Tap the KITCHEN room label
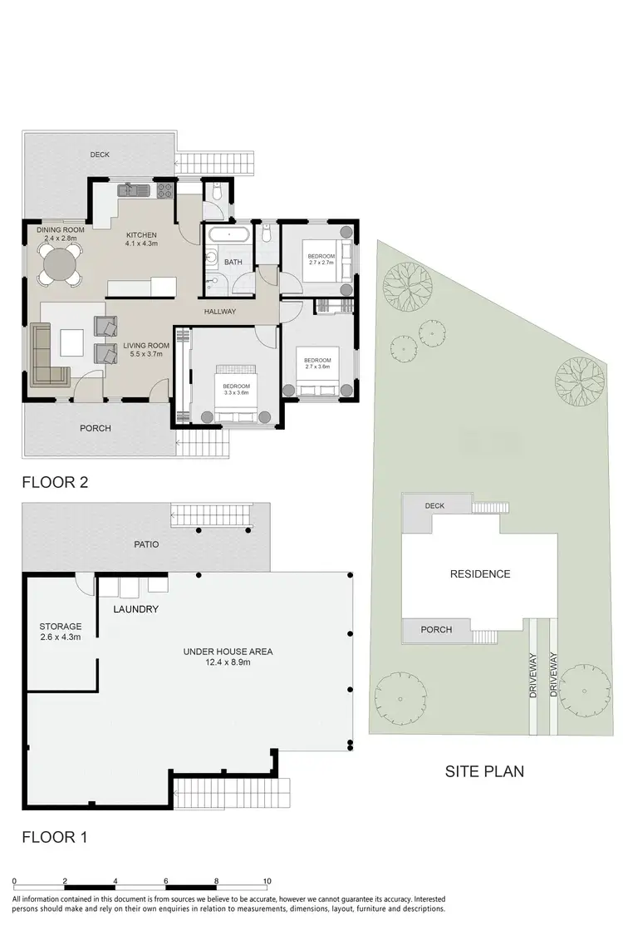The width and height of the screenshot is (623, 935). [140, 234]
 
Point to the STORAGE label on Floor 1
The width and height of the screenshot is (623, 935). [60, 627]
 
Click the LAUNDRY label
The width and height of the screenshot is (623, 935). [135, 609]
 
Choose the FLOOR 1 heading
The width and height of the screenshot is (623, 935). [55, 837]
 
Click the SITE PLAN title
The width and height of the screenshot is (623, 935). [484, 771]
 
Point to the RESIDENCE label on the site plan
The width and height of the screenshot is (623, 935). [479, 574]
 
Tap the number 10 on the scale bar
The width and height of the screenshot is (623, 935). [267, 881]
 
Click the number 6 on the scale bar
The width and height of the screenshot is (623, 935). [166, 881]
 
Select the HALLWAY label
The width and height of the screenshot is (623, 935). [221, 312]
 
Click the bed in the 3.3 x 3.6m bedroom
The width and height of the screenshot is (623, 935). [236, 394]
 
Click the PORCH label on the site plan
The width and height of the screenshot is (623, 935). [435, 630]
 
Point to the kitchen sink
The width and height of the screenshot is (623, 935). [132, 190]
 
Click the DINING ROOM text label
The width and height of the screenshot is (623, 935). [61, 229]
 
